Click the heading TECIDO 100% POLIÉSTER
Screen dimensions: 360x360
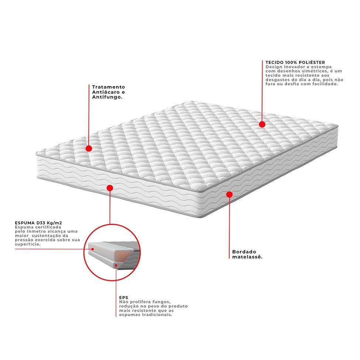pyautogui.click(x=295, y=62)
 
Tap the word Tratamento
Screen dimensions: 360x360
pyautogui.click(x=108, y=87)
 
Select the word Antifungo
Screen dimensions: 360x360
pyautogui.click(x=107, y=97)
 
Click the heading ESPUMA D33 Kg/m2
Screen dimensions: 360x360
pyautogui.click(x=38, y=223)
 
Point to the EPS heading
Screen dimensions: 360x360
pyautogui.click(x=124, y=298)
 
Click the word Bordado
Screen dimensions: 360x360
pyautogui.click(x=244, y=252)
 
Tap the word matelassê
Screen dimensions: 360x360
pyautogui.click(x=247, y=257)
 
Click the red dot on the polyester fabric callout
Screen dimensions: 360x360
pyautogui.click(x=262, y=124)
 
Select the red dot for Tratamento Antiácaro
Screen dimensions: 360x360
pyautogui.click(x=89, y=148)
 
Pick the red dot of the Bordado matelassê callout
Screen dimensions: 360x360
pyautogui.click(x=229, y=195)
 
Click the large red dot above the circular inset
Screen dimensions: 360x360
pyautogui.click(x=110, y=188)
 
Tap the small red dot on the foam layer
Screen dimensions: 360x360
pyautogui.click(x=93, y=249)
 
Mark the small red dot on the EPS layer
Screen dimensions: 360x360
pyautogui.click(x=116, y=265)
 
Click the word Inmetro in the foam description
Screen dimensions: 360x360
pyautogui.click(x=35, y=232)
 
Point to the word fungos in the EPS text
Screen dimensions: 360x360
pyautogui.click(x=162, y=302)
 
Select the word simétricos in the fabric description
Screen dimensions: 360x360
pyautogui.click(x=315, y=71)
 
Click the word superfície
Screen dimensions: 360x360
pyautogui.click(x=28, y=244)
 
